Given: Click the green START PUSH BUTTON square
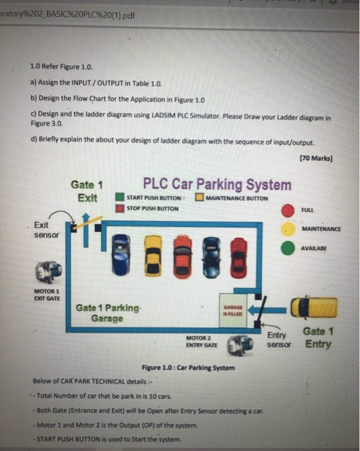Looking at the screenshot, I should coord(120,198).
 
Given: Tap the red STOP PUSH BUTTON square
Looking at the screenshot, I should coord(120,208).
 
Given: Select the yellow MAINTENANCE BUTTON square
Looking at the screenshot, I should coord(200,198).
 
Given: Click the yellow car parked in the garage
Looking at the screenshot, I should coord(153,256).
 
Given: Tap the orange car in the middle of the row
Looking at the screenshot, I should coord(183,256).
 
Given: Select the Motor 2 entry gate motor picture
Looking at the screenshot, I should coord(243,345).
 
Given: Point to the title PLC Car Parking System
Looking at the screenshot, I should coord(216,184).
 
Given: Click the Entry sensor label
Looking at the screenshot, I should coord(279,340).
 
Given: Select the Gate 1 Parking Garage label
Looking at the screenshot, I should coord(107,313).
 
